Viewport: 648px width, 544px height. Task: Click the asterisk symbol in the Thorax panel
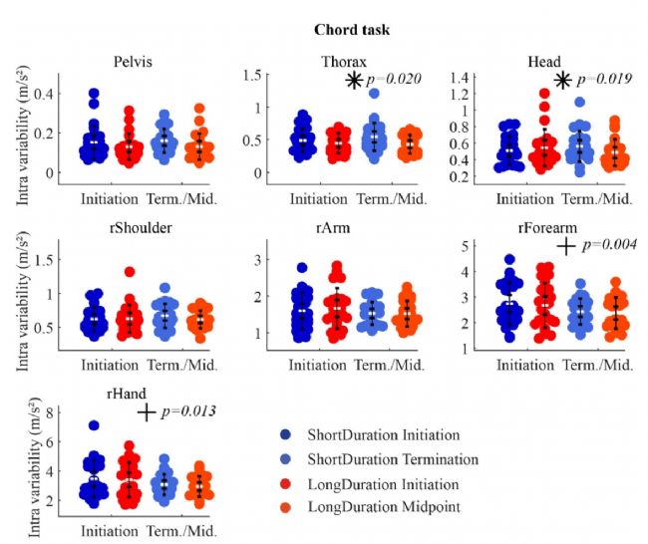pos(353,80)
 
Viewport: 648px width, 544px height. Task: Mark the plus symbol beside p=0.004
pos(564,246)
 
